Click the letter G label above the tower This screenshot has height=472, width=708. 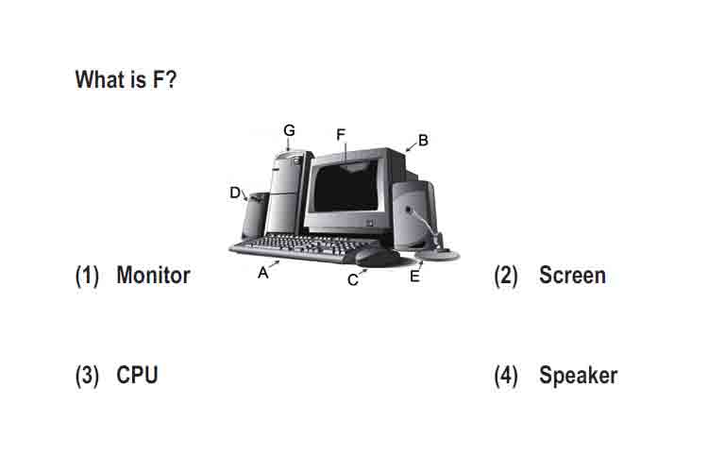click(289, 130)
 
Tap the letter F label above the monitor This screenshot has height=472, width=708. click(341, 134)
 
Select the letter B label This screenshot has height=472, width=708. click(423, 141)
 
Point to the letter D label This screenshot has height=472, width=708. click(235, 193)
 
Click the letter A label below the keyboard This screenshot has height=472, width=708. click(262, 273)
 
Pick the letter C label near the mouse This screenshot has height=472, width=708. click(353, 280)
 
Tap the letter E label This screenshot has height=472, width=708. click(414, 277)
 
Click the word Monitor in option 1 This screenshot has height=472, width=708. click(154, 275)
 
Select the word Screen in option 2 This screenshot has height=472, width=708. click(573, 275)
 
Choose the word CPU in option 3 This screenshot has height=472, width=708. click(137, 375)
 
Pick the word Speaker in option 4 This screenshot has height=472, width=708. click(579, 376)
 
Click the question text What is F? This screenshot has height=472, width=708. click(126, 79)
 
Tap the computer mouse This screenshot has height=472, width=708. click(378, 259)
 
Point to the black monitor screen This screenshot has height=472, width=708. click(346, 186)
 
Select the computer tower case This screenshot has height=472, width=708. click(289, 194)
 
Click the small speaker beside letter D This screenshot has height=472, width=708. click(255, 216)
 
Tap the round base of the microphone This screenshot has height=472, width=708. click(437, 254)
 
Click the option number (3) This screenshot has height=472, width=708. click(87, 376)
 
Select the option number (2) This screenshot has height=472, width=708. click(506, 276)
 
